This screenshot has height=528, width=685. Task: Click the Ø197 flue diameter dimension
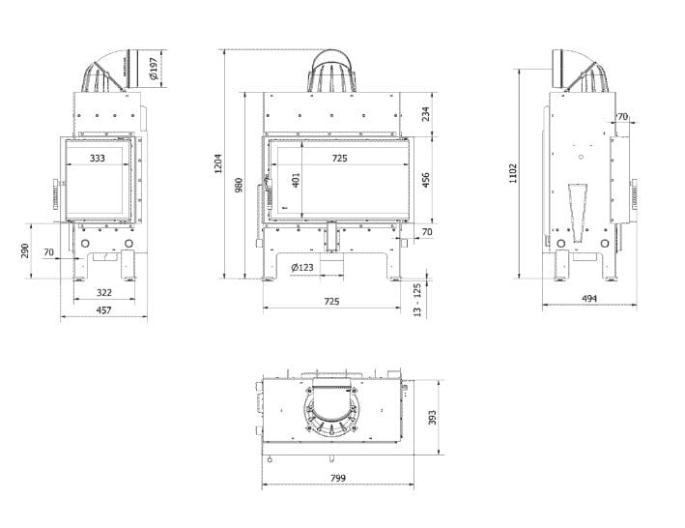pos(154,69)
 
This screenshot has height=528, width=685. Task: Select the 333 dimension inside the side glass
pos(98,158)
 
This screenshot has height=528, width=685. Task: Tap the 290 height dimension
pos(25,250)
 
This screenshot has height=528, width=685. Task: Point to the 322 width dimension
pos(104,292)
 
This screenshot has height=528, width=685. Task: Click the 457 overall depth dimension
pos(104,309)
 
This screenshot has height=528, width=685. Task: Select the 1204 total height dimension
pos(218,163)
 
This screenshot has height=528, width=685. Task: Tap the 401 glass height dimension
pos(296,180)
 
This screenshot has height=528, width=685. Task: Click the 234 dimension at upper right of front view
pos(425,114)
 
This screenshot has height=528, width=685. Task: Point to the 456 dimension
pos(425,180)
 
